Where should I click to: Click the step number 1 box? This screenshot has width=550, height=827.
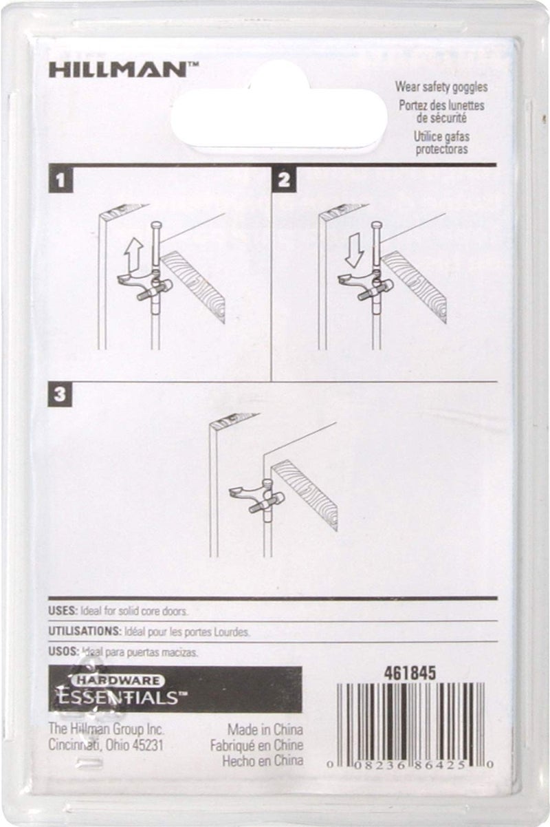(62, 182)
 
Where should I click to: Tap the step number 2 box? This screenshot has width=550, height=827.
(283, 182)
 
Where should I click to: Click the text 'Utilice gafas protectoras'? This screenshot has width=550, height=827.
(441, 142)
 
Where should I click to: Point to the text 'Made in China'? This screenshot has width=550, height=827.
(265, 730)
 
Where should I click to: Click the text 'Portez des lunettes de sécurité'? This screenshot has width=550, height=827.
(441, 111)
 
